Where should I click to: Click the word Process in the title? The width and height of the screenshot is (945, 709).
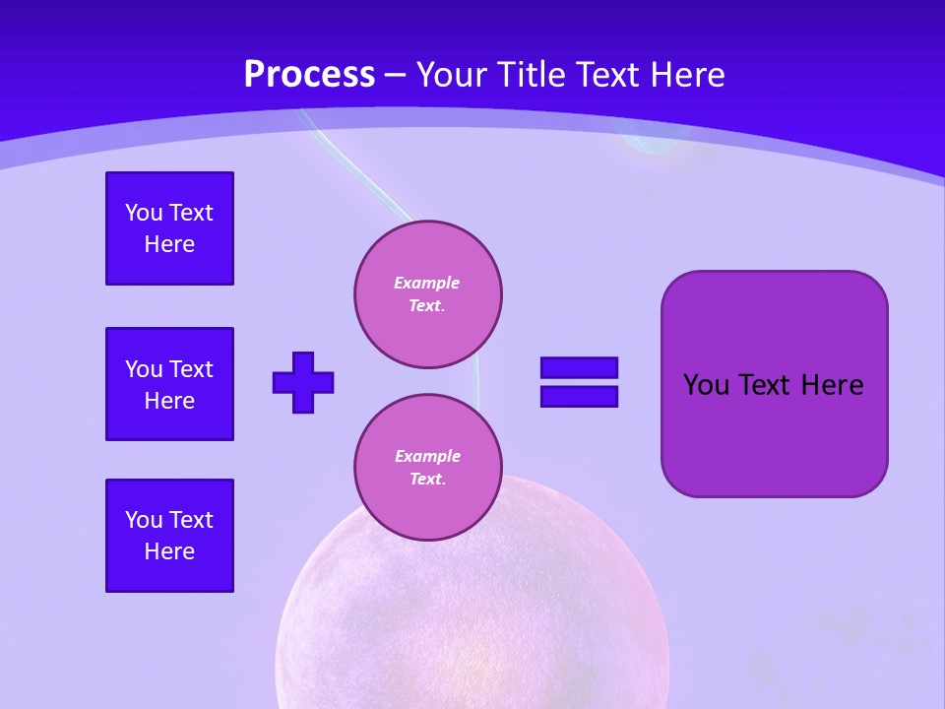pos(309,74)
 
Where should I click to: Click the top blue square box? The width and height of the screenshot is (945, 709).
pos(169,228)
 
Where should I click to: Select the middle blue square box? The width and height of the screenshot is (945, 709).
pos(169,384)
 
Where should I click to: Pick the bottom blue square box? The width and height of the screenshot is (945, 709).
pos(169,536)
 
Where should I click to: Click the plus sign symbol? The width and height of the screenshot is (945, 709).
pos(303,382)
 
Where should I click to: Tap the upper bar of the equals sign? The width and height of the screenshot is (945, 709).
pos(579,367)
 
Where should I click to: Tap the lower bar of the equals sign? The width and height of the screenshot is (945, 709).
pos(579,396)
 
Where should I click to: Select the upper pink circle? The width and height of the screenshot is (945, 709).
pos(428,294)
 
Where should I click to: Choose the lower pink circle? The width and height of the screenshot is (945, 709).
pos(428,468)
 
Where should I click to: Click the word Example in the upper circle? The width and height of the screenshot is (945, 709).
pos(427,283)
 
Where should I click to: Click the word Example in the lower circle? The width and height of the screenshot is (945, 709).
pos(427,456)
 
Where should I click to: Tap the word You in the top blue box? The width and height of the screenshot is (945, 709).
pos(143,213)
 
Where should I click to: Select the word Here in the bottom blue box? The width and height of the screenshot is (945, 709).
pos(169,551)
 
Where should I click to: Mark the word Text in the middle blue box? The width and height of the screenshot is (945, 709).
pos(191,369)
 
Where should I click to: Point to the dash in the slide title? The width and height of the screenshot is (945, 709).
pos(395,74)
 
